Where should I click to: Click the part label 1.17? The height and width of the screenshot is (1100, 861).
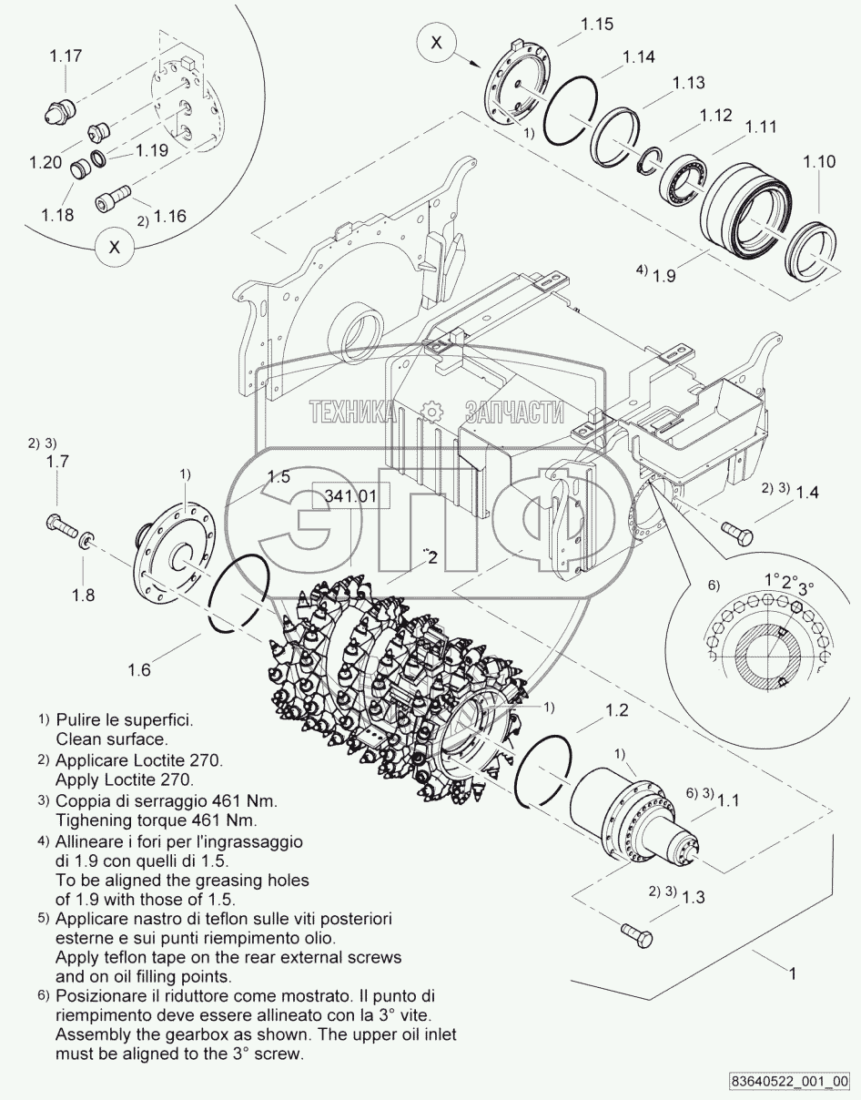[66, 56]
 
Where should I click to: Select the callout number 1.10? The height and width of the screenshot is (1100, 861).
[818, 162]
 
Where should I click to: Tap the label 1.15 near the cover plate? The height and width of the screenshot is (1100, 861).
[596, 25]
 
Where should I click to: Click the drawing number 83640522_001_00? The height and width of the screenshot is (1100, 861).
[789, 1082]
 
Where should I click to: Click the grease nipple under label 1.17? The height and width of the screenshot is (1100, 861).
[58, 113]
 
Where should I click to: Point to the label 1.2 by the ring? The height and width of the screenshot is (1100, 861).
[616, 710]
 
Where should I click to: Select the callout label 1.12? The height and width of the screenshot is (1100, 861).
[716, 116]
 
